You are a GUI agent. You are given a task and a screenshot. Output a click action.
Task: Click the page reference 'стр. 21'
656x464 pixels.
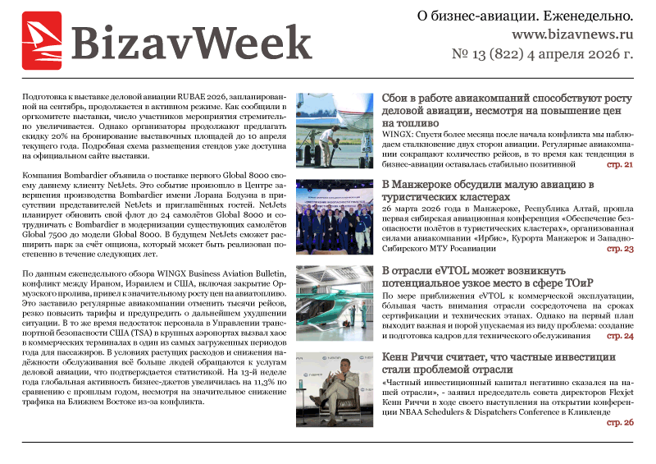[620, 164]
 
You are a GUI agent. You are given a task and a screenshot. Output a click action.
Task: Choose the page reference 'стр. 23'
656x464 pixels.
[620, 249]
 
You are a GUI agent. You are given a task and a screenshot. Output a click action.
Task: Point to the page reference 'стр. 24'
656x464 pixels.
[620, 336]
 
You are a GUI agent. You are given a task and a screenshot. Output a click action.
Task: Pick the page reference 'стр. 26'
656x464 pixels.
[620, 422]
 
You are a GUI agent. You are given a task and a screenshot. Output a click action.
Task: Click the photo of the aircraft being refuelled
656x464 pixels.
[335, 131]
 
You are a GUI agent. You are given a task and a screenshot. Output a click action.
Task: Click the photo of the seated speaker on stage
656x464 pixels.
[335, 389]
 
